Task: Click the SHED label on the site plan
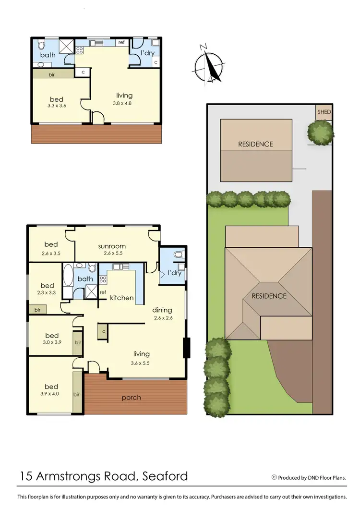point(324,112)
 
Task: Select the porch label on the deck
point(131,397)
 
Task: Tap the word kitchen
point(121,298)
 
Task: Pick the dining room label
point(163,310)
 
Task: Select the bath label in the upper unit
point(48,55)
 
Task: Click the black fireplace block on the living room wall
point(187,348)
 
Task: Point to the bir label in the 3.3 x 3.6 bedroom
point(51,75)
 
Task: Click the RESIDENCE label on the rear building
point(255,144)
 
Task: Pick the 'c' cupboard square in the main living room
point(103,331)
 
